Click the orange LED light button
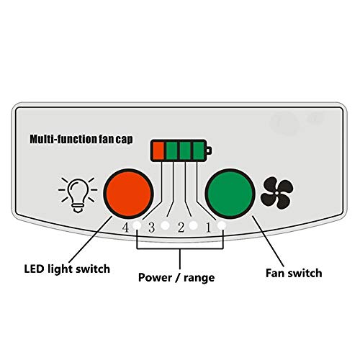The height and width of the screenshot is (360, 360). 128,194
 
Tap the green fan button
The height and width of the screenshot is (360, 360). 230,194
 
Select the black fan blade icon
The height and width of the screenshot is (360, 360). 276,193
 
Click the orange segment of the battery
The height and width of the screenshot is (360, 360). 158,150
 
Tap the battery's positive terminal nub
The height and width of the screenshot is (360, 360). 209,150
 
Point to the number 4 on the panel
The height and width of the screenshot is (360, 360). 125,228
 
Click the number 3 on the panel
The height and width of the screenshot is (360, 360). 151,228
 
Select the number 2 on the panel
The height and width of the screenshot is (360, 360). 181,228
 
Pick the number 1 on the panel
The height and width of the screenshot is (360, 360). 208,228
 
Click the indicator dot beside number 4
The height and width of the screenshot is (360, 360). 137,225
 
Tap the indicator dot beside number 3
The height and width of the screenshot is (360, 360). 165,225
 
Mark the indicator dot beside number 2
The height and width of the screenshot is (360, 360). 193,225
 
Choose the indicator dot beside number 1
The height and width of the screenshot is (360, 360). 221,225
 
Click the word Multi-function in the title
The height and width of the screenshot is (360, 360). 63,139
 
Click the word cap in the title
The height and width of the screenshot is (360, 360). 124,140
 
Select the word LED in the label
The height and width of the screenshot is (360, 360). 34,269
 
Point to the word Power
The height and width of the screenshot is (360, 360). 155,277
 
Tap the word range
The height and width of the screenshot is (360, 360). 199,279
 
